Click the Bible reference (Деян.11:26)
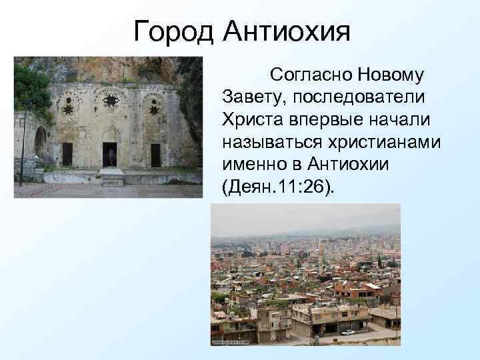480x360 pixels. (278, 189)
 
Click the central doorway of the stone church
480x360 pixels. (110, 154)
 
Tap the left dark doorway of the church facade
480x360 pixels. (67, 154)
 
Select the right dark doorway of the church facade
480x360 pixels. (155, 155)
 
